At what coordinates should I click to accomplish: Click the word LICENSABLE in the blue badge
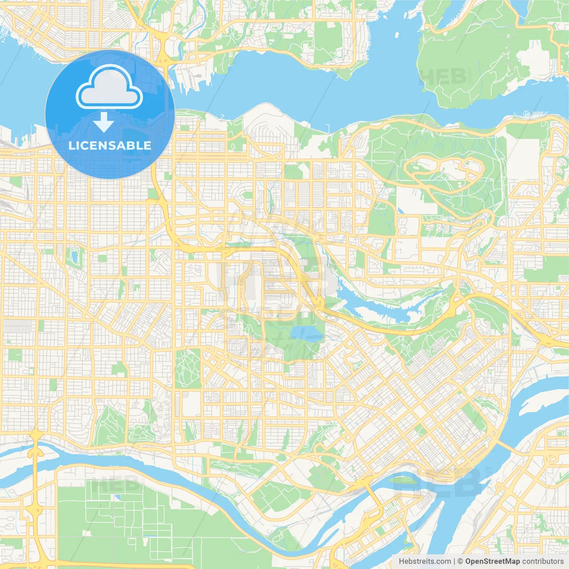[110, 145]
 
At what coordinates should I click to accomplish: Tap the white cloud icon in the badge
[109, 88]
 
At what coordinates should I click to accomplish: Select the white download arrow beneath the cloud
[104, 122]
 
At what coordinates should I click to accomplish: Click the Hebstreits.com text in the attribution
[425, 561]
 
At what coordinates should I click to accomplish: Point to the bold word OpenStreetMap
[493, 561]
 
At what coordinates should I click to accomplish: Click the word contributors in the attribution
[543, 561]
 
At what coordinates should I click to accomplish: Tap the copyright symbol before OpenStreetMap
[461, 561]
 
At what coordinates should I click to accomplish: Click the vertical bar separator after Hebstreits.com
[454, 561]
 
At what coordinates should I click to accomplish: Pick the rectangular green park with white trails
[188, 369]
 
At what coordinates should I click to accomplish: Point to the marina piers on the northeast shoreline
[533, 114]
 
